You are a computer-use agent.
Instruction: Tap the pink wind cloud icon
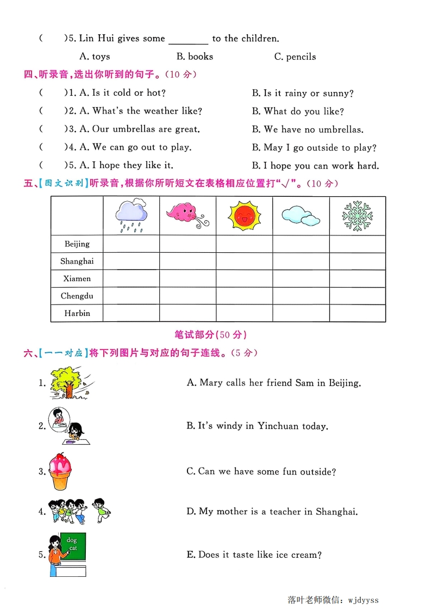[x=187, y=215]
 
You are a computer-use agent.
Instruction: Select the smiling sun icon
[x=244, y=215]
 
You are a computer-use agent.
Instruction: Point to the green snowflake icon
[x=357, y=215]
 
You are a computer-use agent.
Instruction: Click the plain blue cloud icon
[x=301, y=215]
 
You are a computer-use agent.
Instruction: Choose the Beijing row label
[x=77, y=244]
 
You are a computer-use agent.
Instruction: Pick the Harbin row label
[x=77, y=313]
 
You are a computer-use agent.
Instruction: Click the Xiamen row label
[x=77, y=278]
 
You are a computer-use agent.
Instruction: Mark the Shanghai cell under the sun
[x=244, y=261]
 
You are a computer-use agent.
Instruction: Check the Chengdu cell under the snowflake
[x=357, y=296]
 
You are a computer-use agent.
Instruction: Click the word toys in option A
[x=101, y=57]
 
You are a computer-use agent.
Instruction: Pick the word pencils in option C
[x=301, y=57]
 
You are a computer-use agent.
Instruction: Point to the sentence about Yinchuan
[x=257, y=426]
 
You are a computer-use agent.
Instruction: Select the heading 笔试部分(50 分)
[x=215, y=334]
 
